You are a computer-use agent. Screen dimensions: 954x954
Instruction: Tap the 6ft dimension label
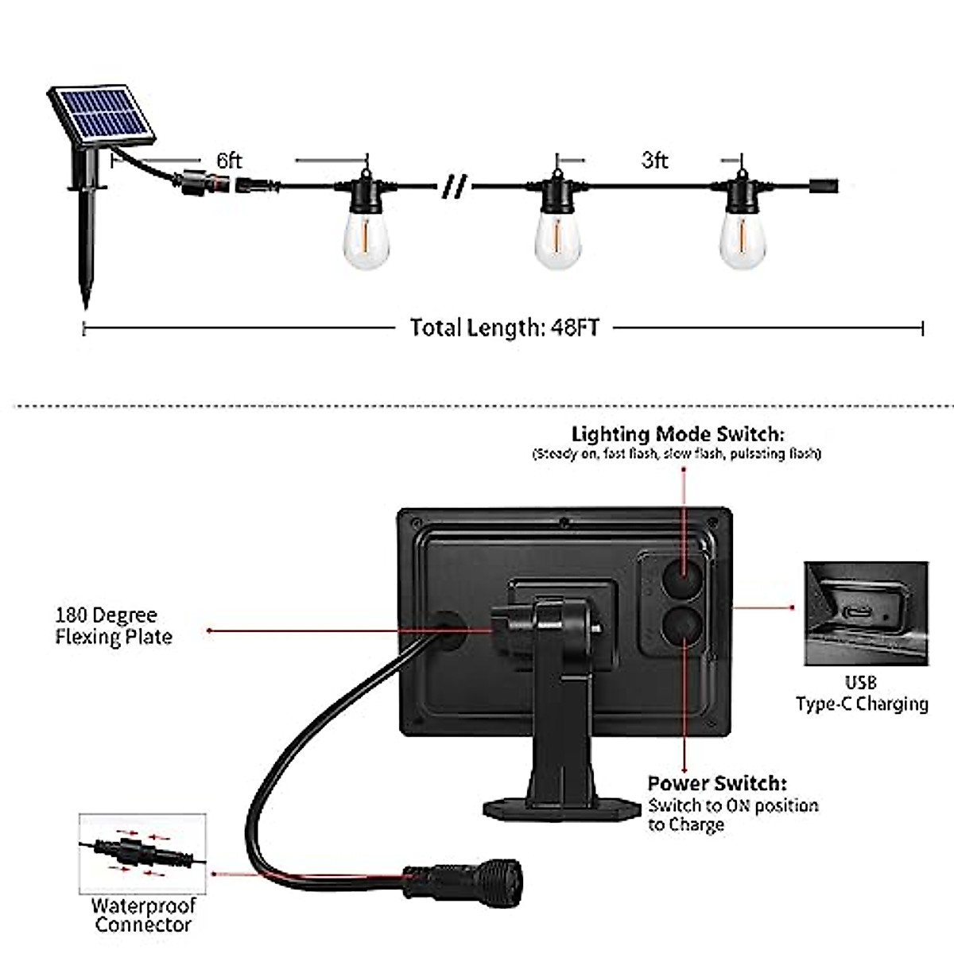tap(229, 161)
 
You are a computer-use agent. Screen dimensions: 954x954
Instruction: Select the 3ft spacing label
tap(654, 160)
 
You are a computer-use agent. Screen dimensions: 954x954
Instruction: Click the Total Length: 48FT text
tap(504, 328)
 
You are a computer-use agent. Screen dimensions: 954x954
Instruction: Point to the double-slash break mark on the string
tap(456, 188)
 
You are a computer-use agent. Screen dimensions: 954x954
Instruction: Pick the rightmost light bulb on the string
tap(743, 235)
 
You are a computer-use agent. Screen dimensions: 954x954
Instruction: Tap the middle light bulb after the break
tap(559, 235)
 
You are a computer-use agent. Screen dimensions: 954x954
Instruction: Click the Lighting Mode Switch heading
tap(677, 434)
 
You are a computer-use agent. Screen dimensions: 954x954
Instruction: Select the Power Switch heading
tap(717, 784)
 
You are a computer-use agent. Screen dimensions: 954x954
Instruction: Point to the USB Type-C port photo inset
tap(866, 613)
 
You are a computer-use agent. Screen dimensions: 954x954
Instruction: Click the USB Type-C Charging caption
tap(862, 693)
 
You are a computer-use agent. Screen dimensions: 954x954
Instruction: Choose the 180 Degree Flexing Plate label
tap(113, 626)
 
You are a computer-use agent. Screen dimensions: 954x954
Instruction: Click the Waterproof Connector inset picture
tap(142, 851)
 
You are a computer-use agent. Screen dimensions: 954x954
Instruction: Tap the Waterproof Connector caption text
tap(142, 914)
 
